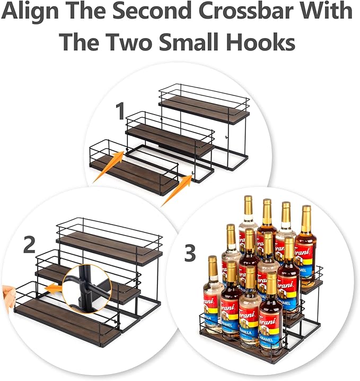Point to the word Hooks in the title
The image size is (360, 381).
point(259,41)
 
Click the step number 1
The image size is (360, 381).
point(120,112)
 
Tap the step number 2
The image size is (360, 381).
point(30,245)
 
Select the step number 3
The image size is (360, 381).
point(190,254)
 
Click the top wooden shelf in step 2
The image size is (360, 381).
point(109,249)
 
